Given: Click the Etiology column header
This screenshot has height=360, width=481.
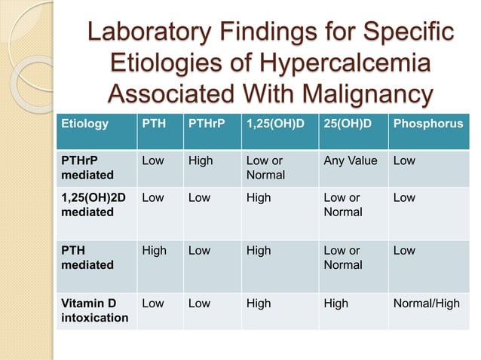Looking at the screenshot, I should click(84, 123).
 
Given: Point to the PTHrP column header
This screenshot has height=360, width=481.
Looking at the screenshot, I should click(206, 123).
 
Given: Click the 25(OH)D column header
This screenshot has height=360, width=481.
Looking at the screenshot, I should click(348, 123).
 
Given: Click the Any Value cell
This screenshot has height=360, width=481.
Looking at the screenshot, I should click(350, 161).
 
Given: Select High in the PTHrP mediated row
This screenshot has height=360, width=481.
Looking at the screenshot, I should click(201, 161).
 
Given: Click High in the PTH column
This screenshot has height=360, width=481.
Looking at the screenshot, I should click(155, 251).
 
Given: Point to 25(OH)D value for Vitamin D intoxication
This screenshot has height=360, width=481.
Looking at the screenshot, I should click(335, 304).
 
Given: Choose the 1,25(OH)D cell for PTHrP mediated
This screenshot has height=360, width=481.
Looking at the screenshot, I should click(265, 168).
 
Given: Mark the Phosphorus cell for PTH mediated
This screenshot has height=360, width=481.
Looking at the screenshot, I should click(404, 251).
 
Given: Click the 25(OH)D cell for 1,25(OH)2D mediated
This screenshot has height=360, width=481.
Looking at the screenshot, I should click(342, 205).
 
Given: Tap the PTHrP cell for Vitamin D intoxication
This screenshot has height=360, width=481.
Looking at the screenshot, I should click(199, 304).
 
